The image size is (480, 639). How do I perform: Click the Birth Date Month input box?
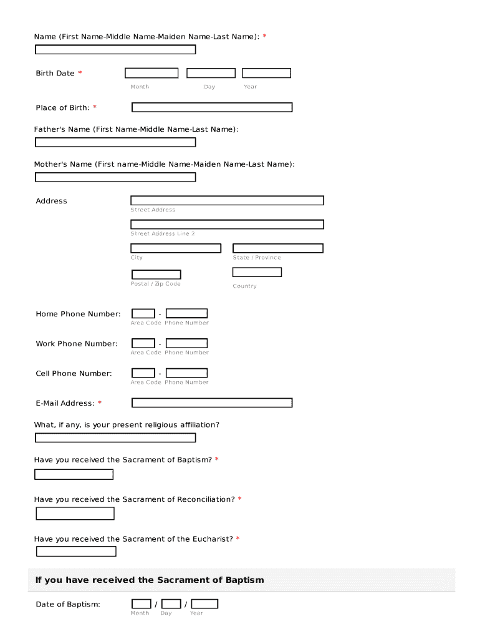click(x=151, y=73)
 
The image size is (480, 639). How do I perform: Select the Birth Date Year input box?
click(x=266, y=73)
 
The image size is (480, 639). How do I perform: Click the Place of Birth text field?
click(x=212, y=107)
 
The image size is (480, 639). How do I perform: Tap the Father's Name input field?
click(x=115, y=142)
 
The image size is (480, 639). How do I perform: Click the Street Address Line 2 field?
click(x=227, y=224)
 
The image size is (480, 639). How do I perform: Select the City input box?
click(x=176, y=248)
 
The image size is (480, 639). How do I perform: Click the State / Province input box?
click(x=278, y=248)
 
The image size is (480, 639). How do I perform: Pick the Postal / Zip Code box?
click(x=156, y=275)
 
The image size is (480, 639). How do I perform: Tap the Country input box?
click(x=257, y=272)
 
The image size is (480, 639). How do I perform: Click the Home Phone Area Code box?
click(x=143, y=313)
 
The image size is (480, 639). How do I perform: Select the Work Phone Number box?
click(x=186, y=343)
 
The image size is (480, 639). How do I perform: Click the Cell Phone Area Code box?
click(x=143, y=373)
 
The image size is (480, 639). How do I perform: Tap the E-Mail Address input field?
click(x=212, y=402)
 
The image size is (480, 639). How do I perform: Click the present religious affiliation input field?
click(x=115, y=437)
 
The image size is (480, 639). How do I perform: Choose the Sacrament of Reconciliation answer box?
click(x=75, y=514)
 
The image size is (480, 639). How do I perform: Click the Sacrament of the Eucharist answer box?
click(x=76, y=551)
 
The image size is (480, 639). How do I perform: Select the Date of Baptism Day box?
click(x=171, y=603)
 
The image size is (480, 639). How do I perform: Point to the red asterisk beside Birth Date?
click(x=80, y=74)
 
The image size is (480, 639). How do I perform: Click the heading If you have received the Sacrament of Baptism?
click(x=150, y=580)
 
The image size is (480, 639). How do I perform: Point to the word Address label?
click(x=51, y=201)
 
